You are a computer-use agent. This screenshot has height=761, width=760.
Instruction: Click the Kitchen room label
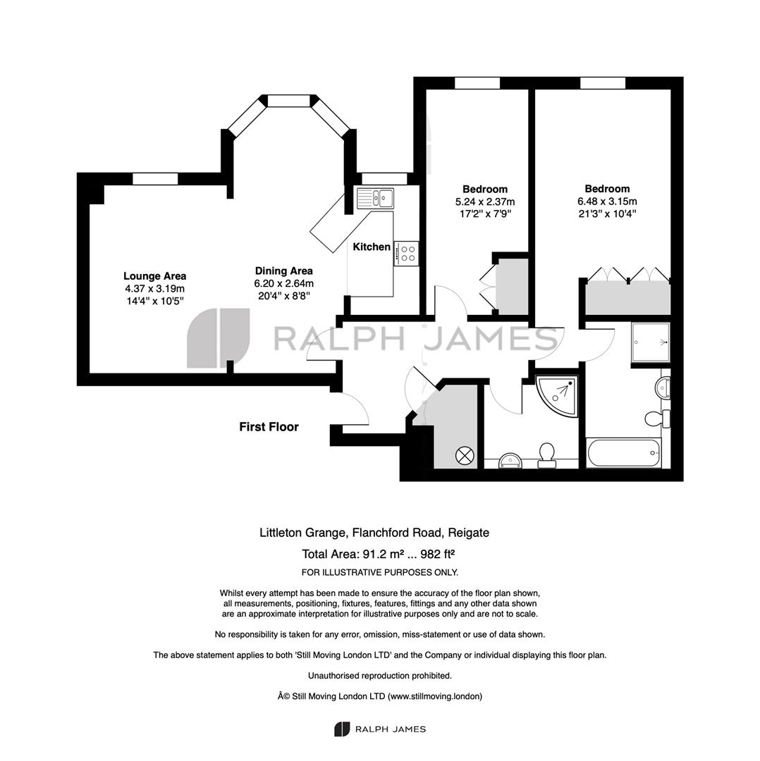pyautogui.click(x=372, y=247)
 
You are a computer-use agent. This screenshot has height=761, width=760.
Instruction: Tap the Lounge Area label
pyautogui.click(x=155, y=276)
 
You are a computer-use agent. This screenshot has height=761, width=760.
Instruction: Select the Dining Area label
pyautogui.click(x=283, y=271)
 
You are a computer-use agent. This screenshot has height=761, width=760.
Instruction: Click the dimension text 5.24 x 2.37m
pyautogui.click(x=484, y=202)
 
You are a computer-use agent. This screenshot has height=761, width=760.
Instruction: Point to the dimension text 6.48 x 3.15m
pyautogui.click(x=607, y=202)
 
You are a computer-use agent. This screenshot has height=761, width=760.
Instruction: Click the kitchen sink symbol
pyautogui.click(x=375, y=198)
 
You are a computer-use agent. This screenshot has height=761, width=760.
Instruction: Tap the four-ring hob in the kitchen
pyautogui.click(x=406, y=254)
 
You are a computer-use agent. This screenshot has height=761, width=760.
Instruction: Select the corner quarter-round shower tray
pyautogui.click(x=558, y=395)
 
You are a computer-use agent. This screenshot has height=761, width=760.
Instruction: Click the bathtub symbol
pyautogui.click(x=624, y=453)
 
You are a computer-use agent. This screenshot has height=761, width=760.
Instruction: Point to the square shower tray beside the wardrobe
pyautogui.click(x=651, y=342)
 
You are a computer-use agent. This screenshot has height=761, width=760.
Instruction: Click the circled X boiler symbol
pyautogui.click(x=464, y=456)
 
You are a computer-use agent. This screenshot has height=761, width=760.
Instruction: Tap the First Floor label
pyautogui.click(x=269, y=427)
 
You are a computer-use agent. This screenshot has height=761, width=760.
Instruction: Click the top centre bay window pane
pyautogui.click(x=288, y=101)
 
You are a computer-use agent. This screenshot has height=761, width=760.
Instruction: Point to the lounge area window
pyautogui.click(x=155, y=178)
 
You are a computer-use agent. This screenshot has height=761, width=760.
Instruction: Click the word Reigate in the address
pyautogui.click(x=468, y=533)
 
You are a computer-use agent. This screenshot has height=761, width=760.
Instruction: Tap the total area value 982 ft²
pyautogui.click(x=437, y=554)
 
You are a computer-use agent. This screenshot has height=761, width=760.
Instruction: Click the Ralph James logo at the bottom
pyautogui.click(x=380, y=729)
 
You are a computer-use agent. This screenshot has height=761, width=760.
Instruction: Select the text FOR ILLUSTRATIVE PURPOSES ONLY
pyautogui.click(x=380, y=573)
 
